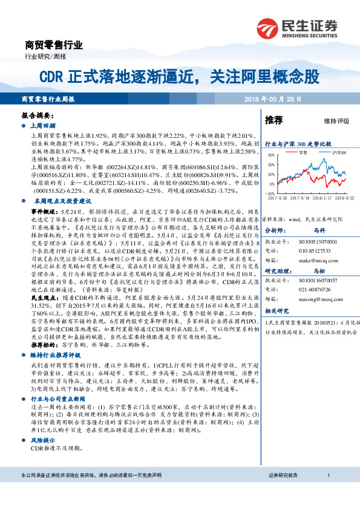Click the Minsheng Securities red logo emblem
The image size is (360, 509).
click(268, 27)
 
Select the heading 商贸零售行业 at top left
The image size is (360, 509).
click(53, 45)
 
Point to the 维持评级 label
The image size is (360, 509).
click(336, 122)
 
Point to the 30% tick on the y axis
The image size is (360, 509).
click(270, 155)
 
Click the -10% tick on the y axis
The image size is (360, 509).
click(270, 193)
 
